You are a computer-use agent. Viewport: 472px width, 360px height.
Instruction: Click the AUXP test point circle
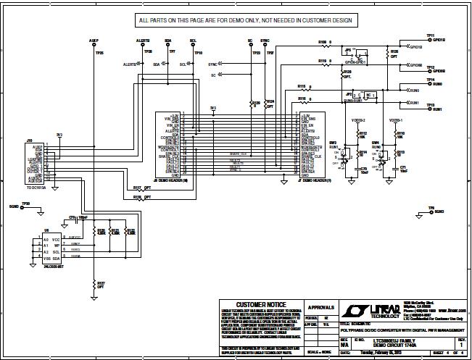click(93, 45)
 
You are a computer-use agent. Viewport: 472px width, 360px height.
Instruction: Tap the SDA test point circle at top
click(167, 45)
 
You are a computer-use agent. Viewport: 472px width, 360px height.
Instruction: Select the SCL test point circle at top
click(192, 45)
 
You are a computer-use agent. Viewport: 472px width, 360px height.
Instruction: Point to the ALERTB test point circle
click(142, 45)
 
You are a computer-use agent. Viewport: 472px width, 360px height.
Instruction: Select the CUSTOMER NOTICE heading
click(256, 305)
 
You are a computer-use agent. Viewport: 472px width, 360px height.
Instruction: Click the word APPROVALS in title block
click(321, 306)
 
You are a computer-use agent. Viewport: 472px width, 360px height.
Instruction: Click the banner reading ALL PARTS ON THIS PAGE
click(235, 20)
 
